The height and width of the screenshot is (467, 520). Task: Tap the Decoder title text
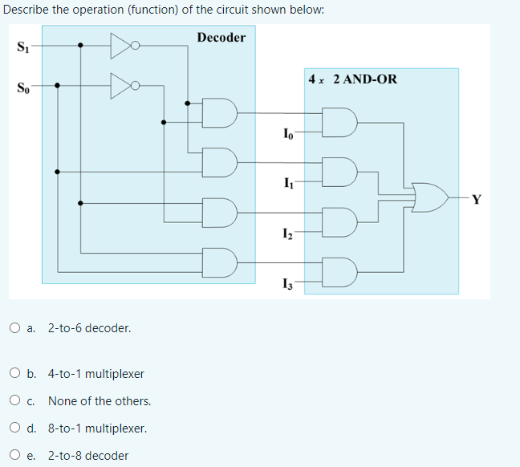coord(221,38)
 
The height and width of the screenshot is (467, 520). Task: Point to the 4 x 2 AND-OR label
coord(352,79)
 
